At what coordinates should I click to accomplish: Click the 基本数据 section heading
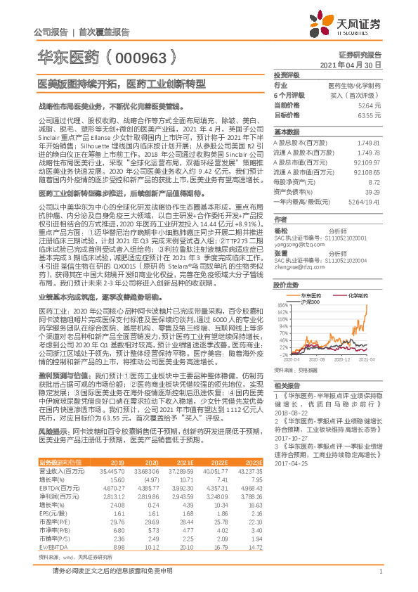point(287,132)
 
